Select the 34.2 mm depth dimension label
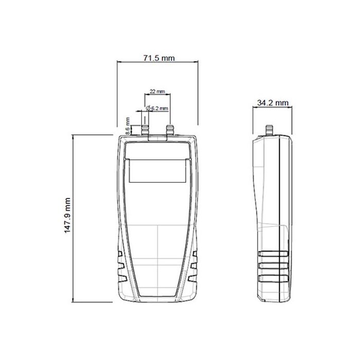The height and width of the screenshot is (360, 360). pyautogui.click(x=273, y=103)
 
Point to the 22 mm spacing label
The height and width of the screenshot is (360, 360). pyautogui.click(x=157, y=91)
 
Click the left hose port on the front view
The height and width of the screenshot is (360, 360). pyautogui.click(x=146, y=129)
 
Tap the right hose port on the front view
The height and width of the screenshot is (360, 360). pyautogui.click(x=169, y=129)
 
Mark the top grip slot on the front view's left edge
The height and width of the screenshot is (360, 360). pyautogui.click(x=120, y=255)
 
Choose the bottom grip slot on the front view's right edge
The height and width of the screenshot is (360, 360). pyautogui.click(x=194, y=278)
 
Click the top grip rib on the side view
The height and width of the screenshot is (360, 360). pyautogui.click(x=273, y=254)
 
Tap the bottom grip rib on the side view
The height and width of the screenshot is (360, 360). pyautogui.click(x=273, y=278)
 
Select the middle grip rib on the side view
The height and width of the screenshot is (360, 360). pyautogui.click(x=273, y=266)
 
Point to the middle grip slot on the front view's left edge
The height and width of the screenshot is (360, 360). pyautogui.click(x=120, y=266)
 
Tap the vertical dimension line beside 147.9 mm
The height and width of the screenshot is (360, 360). pyautogui.click(x=75, y=218)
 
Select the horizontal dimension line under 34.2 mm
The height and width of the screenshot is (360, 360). pyautogui.click(x=273, y=107)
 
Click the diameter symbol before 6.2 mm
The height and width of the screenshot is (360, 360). pyautogui.click(x=148, y=109)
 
